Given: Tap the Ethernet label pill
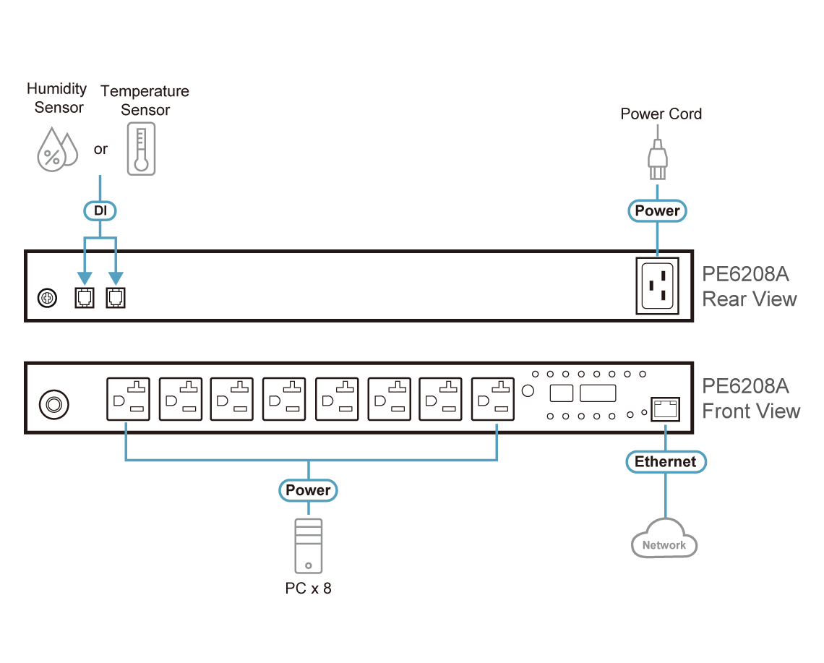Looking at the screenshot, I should [665, 462].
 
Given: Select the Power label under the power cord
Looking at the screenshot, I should [657, 211].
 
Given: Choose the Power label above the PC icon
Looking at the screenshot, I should [308, 490].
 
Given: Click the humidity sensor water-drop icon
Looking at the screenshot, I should [57, 150].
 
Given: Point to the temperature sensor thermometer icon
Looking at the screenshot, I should [141, 148].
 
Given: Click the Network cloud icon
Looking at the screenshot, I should [664, 540].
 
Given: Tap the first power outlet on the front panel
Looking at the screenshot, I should [129, 399].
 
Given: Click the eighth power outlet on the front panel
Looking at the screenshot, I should [493, 399].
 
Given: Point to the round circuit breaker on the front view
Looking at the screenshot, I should [53, 404].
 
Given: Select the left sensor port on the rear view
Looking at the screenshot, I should [85, 298].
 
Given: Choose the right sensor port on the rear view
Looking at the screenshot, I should [116, 298].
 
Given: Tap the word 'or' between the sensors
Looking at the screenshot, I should [100, 150].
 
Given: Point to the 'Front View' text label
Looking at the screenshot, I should [751, 411].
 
